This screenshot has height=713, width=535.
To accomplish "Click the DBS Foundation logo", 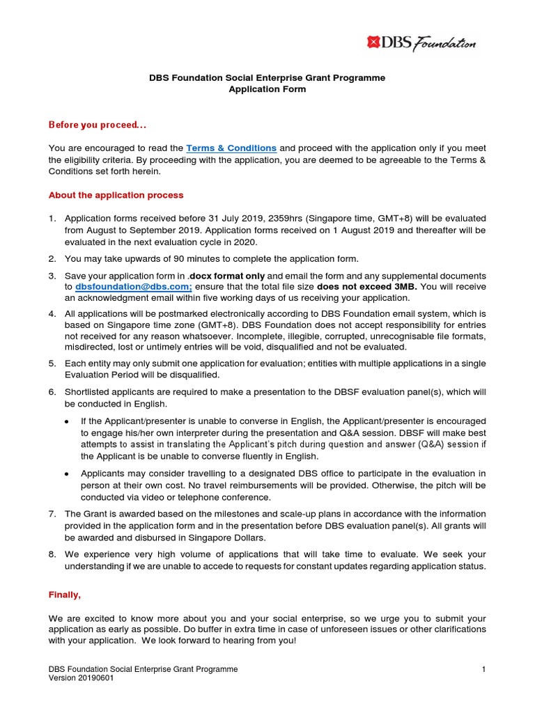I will click(x=421, y=43).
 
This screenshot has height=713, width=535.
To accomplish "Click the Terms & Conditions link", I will click(x=231, y=148).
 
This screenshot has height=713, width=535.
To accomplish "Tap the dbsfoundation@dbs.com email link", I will click(x=128, y=287).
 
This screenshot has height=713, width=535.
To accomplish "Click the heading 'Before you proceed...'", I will click(x=98, y=125).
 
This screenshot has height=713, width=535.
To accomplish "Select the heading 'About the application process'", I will click(x=116, y=195).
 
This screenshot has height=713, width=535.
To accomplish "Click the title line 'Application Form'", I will click(x=267, y=89).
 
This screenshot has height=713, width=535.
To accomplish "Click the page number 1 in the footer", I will click(x=483, y=669).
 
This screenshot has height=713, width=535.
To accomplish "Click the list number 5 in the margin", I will click(x=52, y=363).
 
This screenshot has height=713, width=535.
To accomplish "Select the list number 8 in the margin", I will click(x=52, y=555).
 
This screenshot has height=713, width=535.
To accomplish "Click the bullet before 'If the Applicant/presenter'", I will click(x=66, y=422).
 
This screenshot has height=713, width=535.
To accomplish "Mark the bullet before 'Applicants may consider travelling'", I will click(x=66, y=473).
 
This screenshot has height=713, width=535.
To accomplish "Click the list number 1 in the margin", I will click(x=52, y=219).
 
